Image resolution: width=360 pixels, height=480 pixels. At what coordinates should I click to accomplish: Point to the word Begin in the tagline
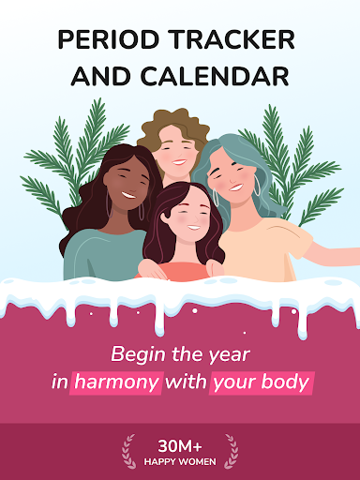point(136,354)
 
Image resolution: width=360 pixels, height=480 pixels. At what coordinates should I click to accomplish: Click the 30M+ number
point(179,444)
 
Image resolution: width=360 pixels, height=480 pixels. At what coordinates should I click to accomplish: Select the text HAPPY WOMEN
point(179,460)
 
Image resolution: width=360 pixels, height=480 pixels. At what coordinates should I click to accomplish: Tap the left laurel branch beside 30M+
point(128,451)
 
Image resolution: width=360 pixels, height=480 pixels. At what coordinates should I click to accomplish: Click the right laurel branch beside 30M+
point(231,451)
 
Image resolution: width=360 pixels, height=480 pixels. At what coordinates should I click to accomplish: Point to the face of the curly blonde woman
point(175,141)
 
